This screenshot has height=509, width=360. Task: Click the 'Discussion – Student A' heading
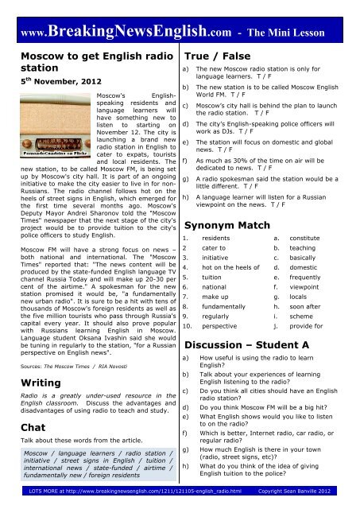tap(246, 345)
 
